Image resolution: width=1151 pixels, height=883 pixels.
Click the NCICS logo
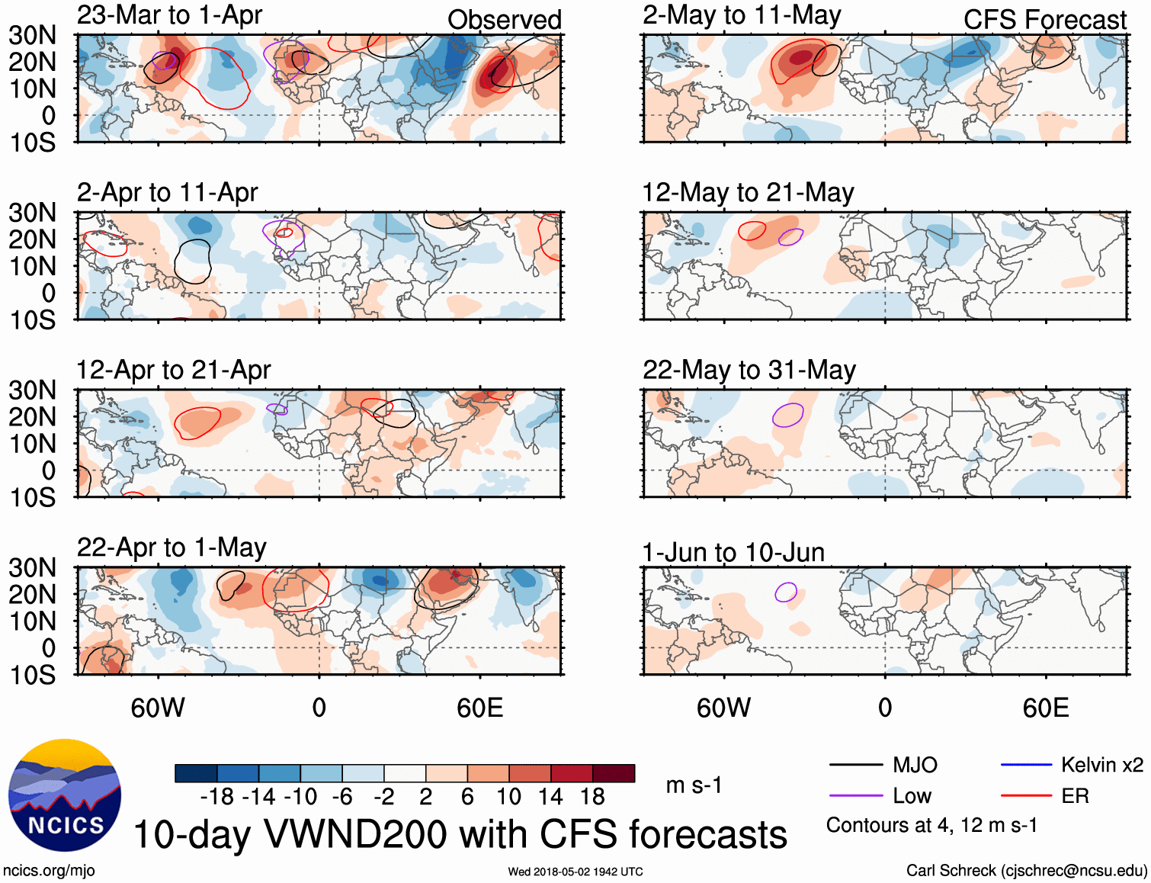pyautogui.click(x=65, y=795)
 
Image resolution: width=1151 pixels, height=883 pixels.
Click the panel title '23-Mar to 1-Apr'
pyautogui.click(x=169, y=15)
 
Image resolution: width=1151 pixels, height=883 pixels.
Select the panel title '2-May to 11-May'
pyautogui.click(x=742, y=15)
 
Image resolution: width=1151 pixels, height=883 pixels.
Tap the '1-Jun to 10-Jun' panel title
pyautogui.click(x=733, y=552)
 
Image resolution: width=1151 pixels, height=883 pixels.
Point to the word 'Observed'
pyautogui.click(x=504, y=20)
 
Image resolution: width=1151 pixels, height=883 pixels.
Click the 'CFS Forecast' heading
pyautogui.click(x=1044, y=20)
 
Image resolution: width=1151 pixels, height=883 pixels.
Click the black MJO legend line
pyautogui.click(x=855, y=765)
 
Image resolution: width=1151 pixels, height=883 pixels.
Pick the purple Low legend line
pyautogui.click(x=855, y=796)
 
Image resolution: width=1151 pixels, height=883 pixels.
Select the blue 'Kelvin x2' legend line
pyautogui.click(x=1026, y=765)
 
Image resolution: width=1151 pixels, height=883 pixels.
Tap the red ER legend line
pyautogui.click(x=1026, y=796)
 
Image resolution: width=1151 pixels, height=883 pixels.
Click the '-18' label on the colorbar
pyautogui.click(x=217, y=797)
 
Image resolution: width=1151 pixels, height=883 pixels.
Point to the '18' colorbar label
pyautogui.click(x=592, y=797)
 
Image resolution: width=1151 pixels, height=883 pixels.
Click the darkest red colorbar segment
pyautogui.click(x=613, y=773)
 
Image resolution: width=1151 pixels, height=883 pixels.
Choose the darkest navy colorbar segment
pyautogui.click(x=196, y=773)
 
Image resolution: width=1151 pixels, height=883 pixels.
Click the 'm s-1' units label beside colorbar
pyautogui.click(x=694, y=785)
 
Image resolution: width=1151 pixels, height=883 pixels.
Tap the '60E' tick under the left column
pyautogui.click(x=479, y=708)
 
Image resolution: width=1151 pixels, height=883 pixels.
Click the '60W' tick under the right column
pyautogui.click(x=723, y=708)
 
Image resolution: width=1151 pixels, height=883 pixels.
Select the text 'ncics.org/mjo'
pyautogui.click(x=49, y=871)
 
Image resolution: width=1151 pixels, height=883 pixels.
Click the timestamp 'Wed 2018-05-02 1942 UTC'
pyautogui.click(x=575, y=872)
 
